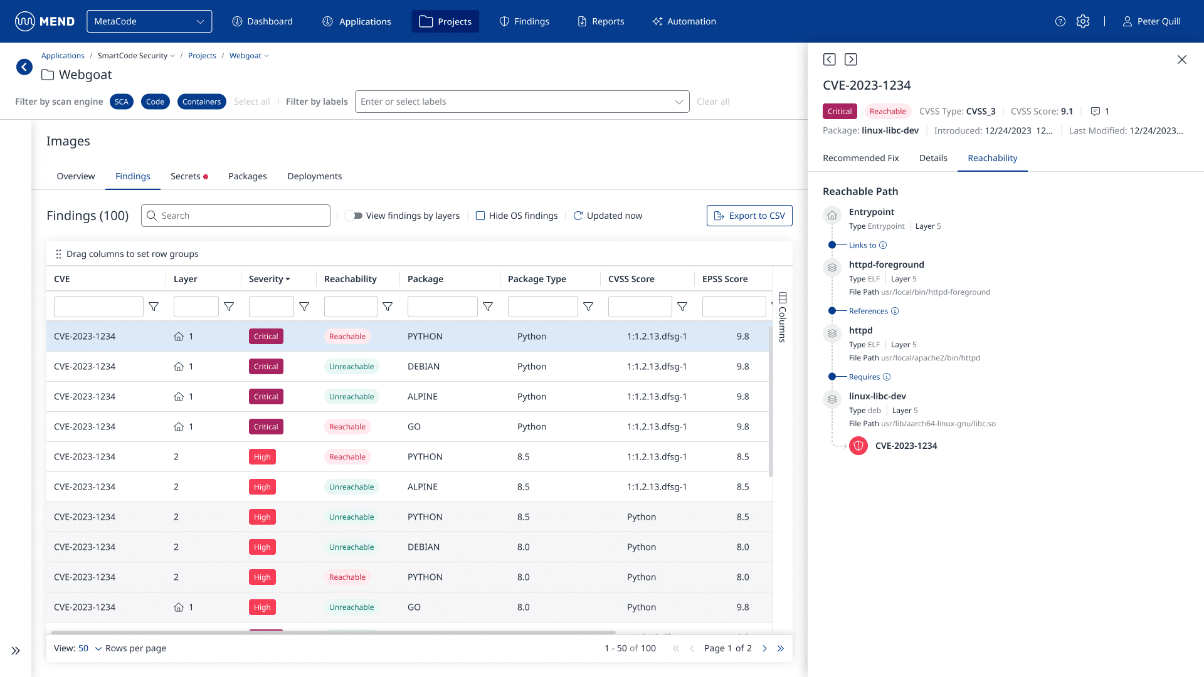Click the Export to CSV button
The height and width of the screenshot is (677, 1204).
(x=749, y=216)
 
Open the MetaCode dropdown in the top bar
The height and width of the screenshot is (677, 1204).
(x=149, y=21)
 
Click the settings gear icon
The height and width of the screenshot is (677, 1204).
(x=1083, y=21)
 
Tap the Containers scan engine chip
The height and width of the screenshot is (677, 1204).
(x=201, y=102)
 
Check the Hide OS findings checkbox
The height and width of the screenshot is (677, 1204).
(x=480, y=216)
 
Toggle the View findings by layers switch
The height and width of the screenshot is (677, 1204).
(x=354, y=216)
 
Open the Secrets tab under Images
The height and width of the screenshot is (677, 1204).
(x=186, y=176)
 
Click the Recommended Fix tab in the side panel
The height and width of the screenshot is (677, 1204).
(x=860, y=158)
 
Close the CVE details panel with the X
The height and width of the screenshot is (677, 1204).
(x=1181, y=60)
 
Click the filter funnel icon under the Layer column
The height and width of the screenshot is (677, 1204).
(x=229, y=307)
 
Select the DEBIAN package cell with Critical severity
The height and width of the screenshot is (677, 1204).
(x=423, y=367)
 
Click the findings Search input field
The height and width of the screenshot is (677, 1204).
(x=241, y=216)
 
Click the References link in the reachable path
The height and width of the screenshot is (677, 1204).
(x=868, y=311)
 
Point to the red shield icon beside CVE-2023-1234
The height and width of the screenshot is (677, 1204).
(x=858, y=446)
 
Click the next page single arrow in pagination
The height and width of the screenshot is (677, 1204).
(x=764, y=648)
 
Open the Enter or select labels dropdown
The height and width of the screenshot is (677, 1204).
(x=522, y=102)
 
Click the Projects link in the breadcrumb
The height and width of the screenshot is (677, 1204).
(x=202, y=56)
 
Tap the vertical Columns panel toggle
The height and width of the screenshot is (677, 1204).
(x=782, y=317)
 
